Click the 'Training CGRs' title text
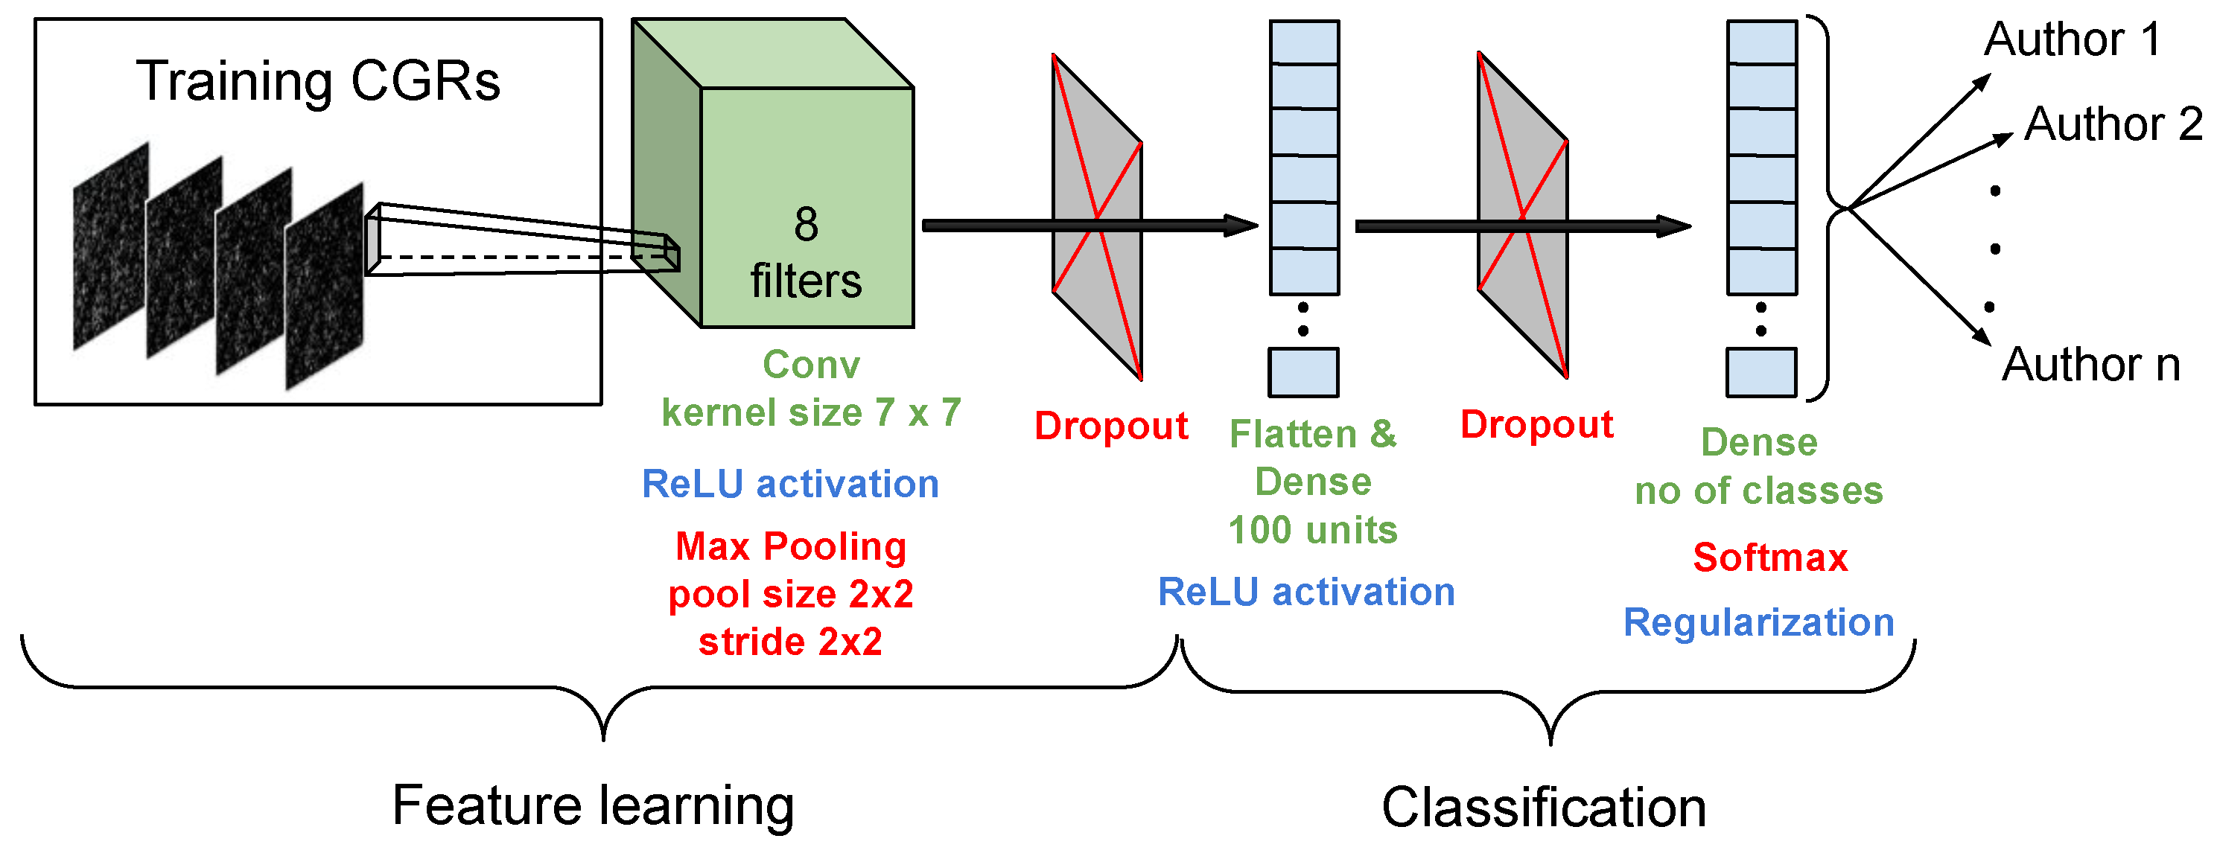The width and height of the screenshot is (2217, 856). click(x=317, y=82)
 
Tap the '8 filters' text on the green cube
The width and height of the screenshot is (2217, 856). click(x=806, y=254)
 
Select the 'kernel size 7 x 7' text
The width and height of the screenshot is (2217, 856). click(x=811, y=413)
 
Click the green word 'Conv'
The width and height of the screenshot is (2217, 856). click(x=811, y=365)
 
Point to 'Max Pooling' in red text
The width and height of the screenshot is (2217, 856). click(x=790, y=547)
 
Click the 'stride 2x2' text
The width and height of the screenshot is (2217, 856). click(x=790, y=642)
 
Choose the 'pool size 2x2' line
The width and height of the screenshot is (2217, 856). click(x=790, y=595)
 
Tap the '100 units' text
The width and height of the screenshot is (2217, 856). click(x=1312, y=530)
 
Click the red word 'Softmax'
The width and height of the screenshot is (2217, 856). click(x=1769, y=558)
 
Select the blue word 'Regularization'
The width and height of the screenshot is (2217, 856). click(x=1758, y=622)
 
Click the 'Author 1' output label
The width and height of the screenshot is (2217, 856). click(x=2073, y=39)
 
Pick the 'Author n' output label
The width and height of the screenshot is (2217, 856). click(x=2090, y=365)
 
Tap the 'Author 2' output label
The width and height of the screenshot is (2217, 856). click(x=2112, y=125)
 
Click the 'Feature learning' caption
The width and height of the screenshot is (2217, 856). click(x=593, y=806)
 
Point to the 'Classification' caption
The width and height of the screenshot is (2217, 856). click(x=1544, y=808)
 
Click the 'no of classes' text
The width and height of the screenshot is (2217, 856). click(x=1758, y=491)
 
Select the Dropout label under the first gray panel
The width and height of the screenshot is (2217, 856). click(x=1110, y=427)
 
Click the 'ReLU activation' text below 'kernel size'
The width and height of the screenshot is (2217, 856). click(x=790, y=485)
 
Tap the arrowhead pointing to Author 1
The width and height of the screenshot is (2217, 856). click(x=1983, y=81)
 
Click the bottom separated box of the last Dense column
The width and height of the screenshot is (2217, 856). click(x=1760, y=371)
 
